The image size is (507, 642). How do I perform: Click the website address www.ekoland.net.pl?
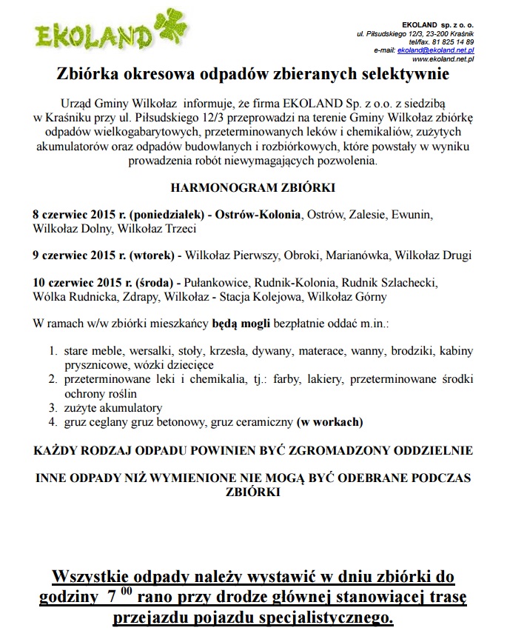click(x=443, y=58)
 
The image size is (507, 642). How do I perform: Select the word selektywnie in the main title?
click(x=406, y=75)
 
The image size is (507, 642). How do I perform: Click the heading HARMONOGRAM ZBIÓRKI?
click(x=254, y=187)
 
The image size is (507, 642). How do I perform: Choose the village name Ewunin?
click(x=414, y=215)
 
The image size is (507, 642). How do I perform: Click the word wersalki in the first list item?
click(x=155, y=351)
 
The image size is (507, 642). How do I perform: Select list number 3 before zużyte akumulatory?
click(x=53, y=407)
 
